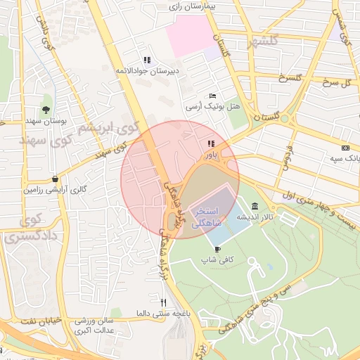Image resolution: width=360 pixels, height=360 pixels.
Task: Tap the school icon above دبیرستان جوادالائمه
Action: click(x=146, y=60)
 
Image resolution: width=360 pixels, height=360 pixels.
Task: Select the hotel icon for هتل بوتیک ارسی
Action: click(x=213, y=96)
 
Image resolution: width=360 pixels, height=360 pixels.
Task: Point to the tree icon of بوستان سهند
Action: click(x=46, y=109)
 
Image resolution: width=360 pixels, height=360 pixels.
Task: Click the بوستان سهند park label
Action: click(x=46, y=121)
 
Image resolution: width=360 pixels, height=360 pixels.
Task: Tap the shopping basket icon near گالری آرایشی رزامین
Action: click(x=56, y=179)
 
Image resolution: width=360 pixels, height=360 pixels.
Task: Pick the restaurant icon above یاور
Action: click(x=211, y=143)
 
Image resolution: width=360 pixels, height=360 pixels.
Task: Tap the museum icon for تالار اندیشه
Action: click(x=253, y=207)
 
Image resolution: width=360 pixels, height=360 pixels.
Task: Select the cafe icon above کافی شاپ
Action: click(x=217, y=249)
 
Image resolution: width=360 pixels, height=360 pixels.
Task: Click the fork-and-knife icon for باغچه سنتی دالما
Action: click(x=164, y=302)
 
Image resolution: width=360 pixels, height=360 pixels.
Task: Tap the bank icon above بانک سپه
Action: click(x=345, y=148)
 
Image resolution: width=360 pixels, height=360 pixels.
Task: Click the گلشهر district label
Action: click(x=263, y=43)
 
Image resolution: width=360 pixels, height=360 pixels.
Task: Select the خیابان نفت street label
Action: click(x=32, y=321)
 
